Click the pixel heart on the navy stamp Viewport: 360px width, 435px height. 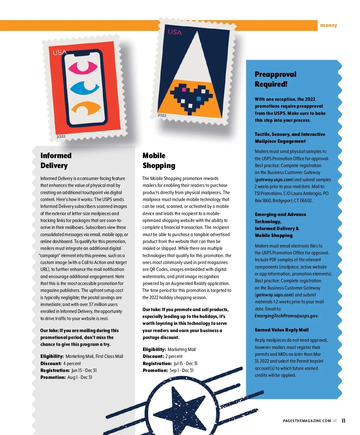point(190,96)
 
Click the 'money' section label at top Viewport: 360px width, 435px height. point(328,25)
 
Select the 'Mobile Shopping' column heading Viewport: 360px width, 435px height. point(159,160)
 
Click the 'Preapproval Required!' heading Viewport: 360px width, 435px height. point(275,79)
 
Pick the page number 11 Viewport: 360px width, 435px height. point(343,421)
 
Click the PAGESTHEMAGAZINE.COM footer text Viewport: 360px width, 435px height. point(307,421)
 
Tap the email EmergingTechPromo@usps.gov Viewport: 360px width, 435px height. point(286,316)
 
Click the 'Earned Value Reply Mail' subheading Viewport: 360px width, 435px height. point(281,330)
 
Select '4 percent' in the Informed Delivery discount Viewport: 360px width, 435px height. point(72,364)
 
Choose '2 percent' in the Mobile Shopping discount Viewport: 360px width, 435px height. point(174,356)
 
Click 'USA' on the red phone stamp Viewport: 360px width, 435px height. point(59,52)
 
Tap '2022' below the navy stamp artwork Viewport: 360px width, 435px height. point(162,115)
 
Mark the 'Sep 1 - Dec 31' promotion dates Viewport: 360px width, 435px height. point(181,370)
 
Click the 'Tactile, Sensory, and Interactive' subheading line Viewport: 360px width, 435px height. point(290,134)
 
